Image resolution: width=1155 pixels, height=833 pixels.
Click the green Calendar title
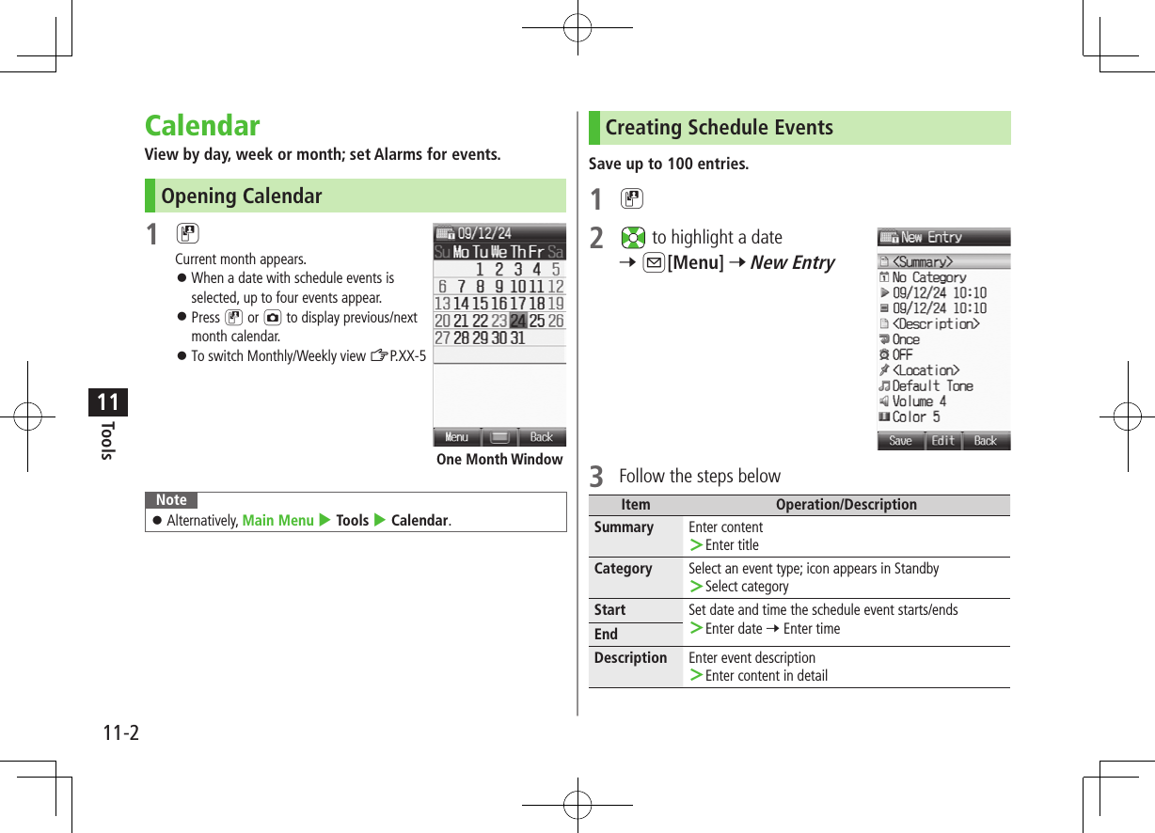(202, 126)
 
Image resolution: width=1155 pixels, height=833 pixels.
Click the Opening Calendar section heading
(242, 196)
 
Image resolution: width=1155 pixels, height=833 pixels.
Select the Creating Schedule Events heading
(719, 128)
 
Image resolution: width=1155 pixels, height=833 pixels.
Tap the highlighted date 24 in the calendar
(518, 321)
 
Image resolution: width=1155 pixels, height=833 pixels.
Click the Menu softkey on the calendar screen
(456, 437)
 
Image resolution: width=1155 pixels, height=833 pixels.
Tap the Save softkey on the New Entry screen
(900, 441)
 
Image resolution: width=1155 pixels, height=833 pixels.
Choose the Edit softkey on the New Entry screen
(943, 441)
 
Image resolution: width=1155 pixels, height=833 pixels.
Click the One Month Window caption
(499, 460)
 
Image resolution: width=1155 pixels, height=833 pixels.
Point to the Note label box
(171, 500)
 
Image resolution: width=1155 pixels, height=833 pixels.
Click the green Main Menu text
(277, 520)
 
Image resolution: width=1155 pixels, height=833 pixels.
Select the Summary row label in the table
(624, 527)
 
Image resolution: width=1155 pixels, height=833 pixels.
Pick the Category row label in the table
(623, 569)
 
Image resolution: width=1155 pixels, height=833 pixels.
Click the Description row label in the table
(630, 658)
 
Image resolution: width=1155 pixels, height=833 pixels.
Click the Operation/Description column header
(846, 505)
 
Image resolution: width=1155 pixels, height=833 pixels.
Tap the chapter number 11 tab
(108, 402)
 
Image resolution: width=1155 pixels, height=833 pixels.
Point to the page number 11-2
(120, 732)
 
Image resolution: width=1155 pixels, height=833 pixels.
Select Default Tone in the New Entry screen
(932, 385)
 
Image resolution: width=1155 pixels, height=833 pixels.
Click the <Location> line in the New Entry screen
(926, 370)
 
